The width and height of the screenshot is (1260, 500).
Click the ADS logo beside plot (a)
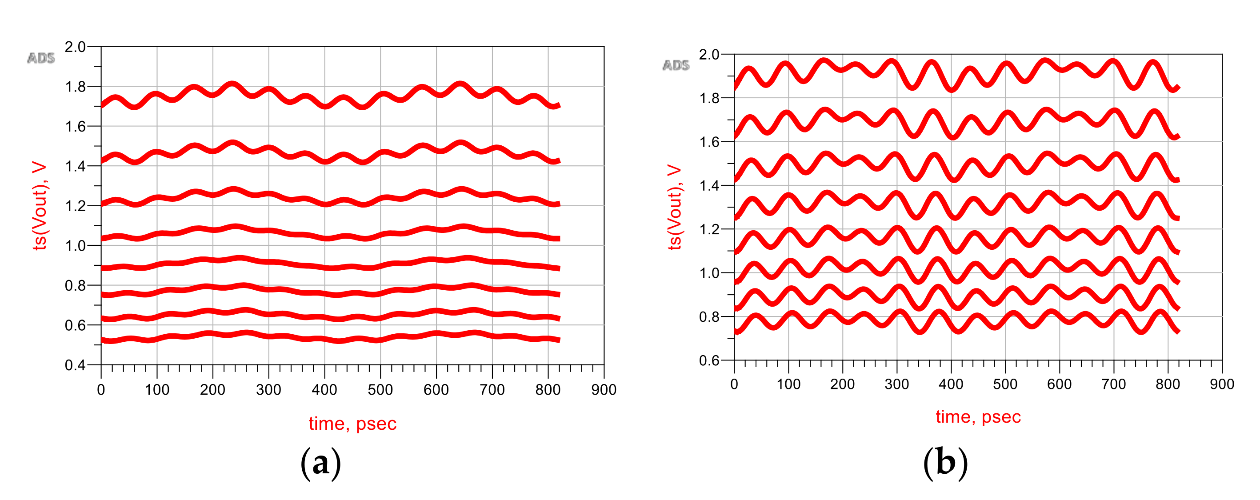coord(41,58)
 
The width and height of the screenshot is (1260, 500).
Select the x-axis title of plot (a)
coord(352,424)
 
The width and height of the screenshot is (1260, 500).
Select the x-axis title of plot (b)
coord(978,417)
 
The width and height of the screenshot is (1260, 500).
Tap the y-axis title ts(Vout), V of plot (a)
coord(39,205)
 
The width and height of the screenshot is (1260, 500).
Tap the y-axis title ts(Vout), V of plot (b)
coord(674,208)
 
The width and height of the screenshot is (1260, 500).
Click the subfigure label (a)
coord(320,463)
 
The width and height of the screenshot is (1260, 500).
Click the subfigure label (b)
coord(945,463)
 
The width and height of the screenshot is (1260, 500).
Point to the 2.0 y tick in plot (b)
coord(709,54)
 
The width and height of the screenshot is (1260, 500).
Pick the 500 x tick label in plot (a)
coord(380,390)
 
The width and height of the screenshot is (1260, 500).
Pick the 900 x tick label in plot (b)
coord(1222,384)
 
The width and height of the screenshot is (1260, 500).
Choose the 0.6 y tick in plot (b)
coord(709,360)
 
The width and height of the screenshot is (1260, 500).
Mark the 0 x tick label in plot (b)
coord(734,384)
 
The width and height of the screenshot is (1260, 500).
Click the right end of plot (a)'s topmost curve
coord(559,105)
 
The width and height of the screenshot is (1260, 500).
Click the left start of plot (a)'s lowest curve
coord(102,340)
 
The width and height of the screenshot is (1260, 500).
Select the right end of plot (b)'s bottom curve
coord(1179,331)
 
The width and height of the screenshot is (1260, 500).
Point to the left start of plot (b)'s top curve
coord(735,88)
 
